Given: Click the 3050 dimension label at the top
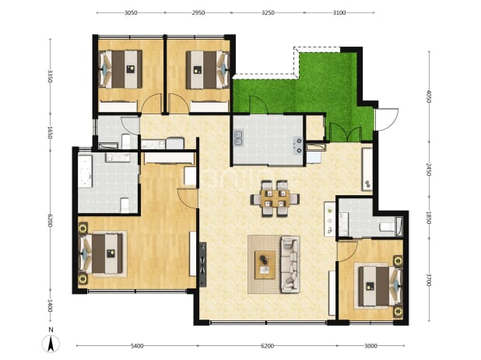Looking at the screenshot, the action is pyautogui.click(x=131, y=13).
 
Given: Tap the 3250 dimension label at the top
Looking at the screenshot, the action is pyautogui.click(x=268, y=13).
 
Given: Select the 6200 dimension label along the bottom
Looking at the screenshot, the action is pyautogui.click(x=267, y=346).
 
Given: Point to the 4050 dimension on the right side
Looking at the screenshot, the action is pyautogui.click(x=429, y=96).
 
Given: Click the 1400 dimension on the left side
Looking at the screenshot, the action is pyautogui.click(x=51, y=306).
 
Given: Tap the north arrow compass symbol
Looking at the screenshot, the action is pyautogui.click(x=51, y=341).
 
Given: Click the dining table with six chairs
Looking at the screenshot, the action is pyautogui.click(x=275, y=198).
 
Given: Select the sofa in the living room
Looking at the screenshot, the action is pyautogui.click(x=290, y=264).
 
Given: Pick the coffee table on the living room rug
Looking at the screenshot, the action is pyautogui.click(x=265, y=264).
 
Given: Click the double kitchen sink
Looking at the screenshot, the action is pyautogui.click(x=239, y=138).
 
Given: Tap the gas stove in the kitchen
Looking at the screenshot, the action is pyautogui.click(x=298, y=146).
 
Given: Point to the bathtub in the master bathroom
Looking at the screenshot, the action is pyautogui.click(x=85, y=171).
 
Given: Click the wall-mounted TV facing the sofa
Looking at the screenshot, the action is pyautogui.click(x=203, y=264).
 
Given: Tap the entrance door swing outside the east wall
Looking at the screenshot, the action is pyautogui.click(x=387, y=120).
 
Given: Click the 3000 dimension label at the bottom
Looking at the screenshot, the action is pyautogui.click(x=370, y=346).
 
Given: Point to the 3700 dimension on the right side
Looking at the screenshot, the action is pyautogui.click(x=429, y=280).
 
